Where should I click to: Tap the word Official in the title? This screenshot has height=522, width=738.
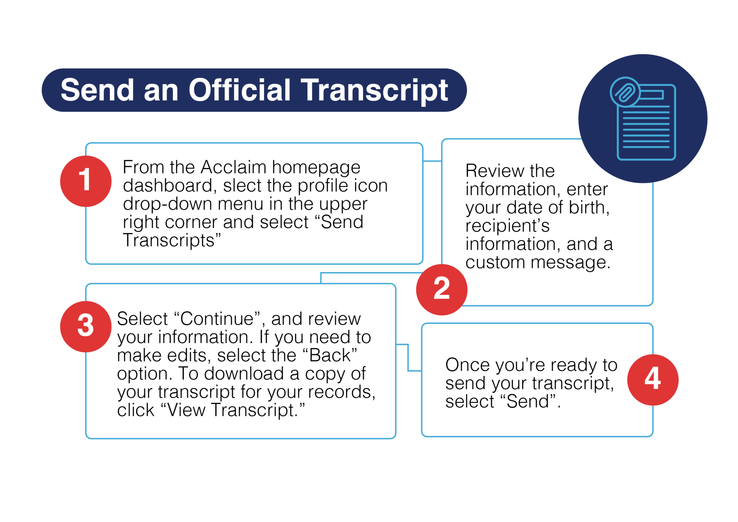pos(240,90)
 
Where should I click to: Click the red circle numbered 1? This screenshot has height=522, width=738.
pos(86,181)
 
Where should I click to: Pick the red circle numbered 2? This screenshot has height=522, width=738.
pos(442,289)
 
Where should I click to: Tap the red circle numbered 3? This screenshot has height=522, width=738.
pos(86,326)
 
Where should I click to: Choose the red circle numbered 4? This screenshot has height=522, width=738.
pos(653,379)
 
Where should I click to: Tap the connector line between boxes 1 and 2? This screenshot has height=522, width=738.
pos(432,161)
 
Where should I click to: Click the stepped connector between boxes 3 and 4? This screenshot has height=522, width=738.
pos(408,357)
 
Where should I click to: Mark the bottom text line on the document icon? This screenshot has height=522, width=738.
pos(646,147)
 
